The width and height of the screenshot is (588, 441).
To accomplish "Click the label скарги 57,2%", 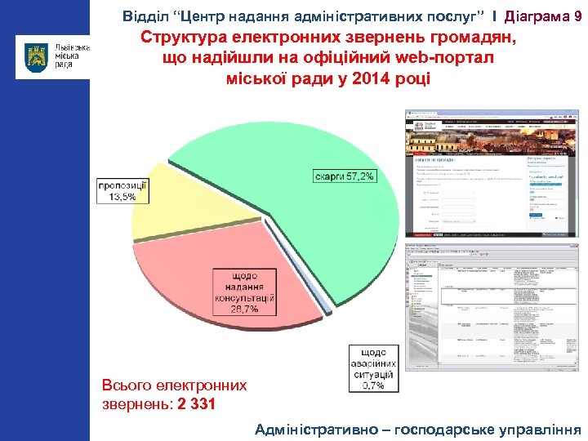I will [344, 176].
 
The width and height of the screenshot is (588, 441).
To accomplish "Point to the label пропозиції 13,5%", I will [123, 191].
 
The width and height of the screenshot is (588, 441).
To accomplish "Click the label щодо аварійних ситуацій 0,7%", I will [372, 368].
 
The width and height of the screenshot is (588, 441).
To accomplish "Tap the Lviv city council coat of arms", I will [36, 58].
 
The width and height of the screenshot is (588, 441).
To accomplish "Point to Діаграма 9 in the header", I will [543, 16].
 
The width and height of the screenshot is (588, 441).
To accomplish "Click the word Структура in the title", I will [181, 38].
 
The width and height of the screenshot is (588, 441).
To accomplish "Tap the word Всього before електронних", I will [123, 384].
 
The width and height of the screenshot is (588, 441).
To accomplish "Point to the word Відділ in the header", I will [144, 16].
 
